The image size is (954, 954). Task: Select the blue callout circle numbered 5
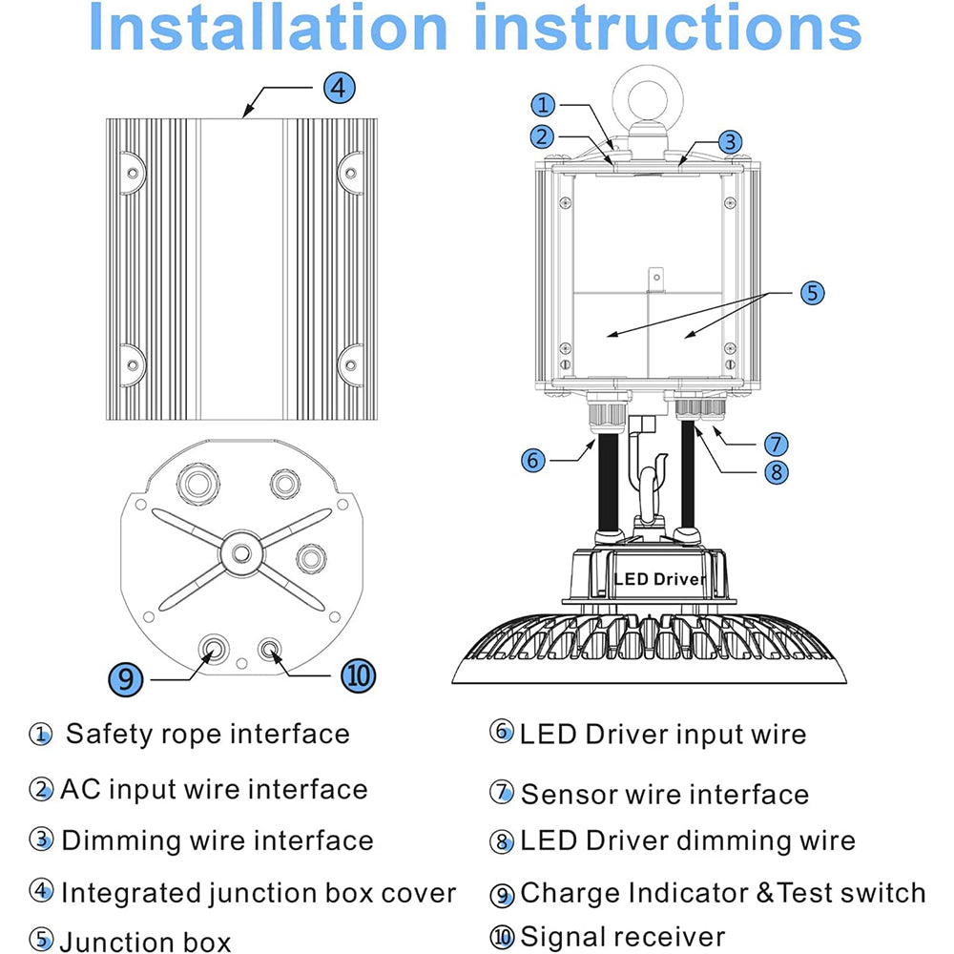click(810, 293)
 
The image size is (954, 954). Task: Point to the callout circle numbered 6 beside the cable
click(534, 460)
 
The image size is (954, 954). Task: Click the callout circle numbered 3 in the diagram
click(729, 142)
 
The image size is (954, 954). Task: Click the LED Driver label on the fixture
click(660, 579)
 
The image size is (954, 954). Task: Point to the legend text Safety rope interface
click(207, 735)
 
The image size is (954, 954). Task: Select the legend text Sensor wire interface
click(664, 794)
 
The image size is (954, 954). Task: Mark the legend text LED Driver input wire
click(662, 735)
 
